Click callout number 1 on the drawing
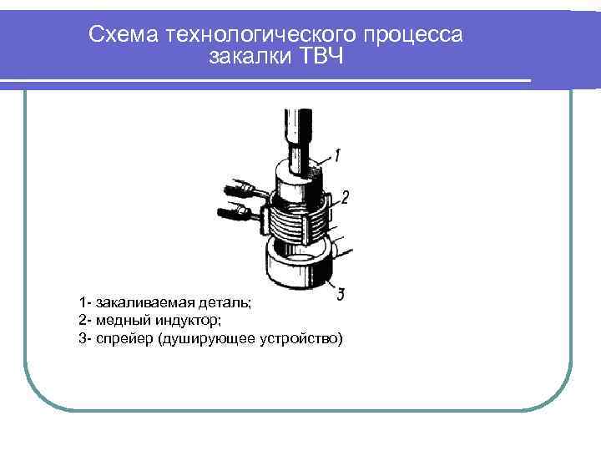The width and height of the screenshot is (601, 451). tap(337, 155)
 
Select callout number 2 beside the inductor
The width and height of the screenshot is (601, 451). tap(344, 197)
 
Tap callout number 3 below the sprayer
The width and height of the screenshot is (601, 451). tap(341, 293)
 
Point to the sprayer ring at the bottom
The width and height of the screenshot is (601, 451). tap(296, 267)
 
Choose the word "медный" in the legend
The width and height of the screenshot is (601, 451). tap(119, 320)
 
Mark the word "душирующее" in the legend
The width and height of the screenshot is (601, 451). tap(207, 338)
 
